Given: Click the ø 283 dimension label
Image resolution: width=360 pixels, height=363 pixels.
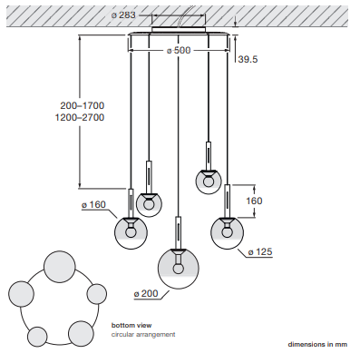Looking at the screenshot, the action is pyautogui.click(x=123, y=15).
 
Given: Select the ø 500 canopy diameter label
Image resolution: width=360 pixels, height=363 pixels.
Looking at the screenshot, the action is pyautogui.click(x=179, y=50).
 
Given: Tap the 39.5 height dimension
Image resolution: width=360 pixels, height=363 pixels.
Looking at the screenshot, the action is pyautogui.click(x=248, y=59).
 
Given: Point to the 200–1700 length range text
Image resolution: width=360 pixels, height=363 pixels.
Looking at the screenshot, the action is pyautogui.click(x=83, y=105).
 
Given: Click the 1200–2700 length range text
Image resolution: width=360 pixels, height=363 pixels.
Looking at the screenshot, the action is pyautogui.click(x=80, y=117).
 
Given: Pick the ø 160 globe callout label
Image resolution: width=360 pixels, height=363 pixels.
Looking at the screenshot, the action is pyautogui.click(x=93, y=205).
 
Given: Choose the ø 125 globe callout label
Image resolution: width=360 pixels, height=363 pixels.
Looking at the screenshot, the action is pyautogui.click(x=260, y=251).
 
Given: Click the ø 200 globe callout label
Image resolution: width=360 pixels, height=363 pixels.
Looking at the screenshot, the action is pyautogui.click(x=146, y=293).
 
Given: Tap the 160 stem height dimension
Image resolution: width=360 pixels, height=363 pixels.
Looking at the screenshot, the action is pyautogui.click(x=254, y=201).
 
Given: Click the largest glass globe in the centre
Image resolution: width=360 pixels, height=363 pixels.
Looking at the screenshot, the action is pyautogui.click(x=179, y=269).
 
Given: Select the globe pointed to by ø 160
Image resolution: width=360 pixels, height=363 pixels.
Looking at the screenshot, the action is pyautogui.click(x=131, y=232).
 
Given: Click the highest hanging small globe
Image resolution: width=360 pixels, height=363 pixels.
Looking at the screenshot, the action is pyautogui.click(x=209, y=181).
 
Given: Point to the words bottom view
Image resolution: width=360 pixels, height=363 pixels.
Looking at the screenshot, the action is pyautogui.click(x=131, y=326).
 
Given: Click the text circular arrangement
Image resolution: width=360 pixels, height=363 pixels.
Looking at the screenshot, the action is pyautogui.click(x=143, y=335).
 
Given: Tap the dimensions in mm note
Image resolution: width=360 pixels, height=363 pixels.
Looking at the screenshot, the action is pyautogui.click(x=317, y=344).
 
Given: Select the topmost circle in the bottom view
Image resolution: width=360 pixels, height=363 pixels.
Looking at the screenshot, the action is pyautogui.click(x=60, y=267).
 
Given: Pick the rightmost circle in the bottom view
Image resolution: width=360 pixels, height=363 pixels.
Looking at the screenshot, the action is pyautogui.click(x=97, y=294).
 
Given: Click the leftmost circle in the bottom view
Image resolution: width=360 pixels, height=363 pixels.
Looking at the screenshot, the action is pyautogui.click(x=21, y=294).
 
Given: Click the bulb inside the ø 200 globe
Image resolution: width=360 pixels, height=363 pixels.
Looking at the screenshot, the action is pyautogui.click(x=179, y=269).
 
